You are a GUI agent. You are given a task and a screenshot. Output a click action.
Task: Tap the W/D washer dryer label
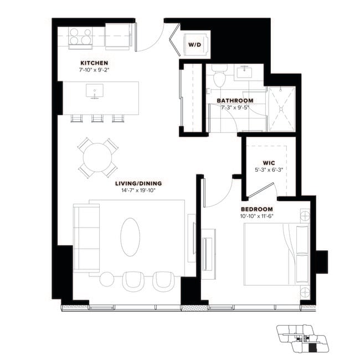click(x=194, y=44)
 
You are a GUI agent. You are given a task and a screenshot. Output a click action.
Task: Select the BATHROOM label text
click(x=235, y=100)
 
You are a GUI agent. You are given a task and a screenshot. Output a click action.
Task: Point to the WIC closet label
click(x=262, y=163)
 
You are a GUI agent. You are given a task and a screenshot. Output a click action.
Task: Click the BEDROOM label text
click(x=256, y=209)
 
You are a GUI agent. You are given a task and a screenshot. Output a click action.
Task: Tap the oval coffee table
click(x=130, y=236)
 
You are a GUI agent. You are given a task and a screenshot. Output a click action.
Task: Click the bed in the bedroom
click(x=275, y=254)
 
